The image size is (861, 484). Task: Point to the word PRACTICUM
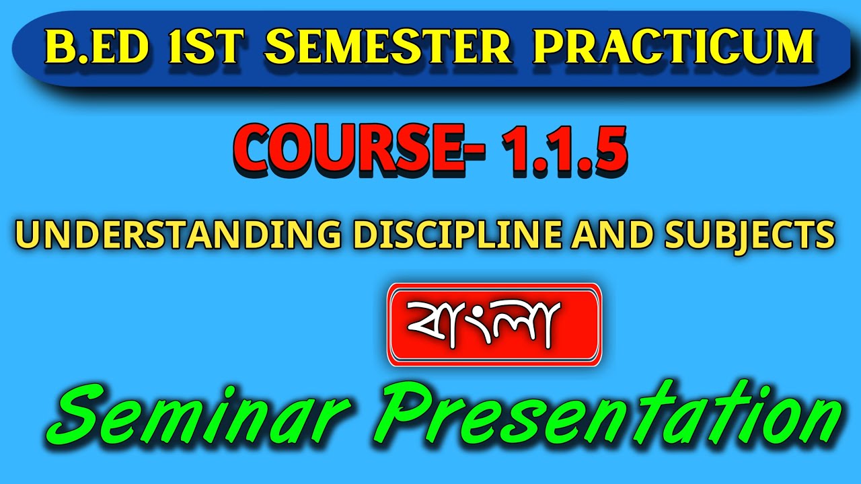(673, 47)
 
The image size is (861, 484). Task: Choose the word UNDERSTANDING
(177, 234)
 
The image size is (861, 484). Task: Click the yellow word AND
(607, 234)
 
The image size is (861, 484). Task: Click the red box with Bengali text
(494, 324)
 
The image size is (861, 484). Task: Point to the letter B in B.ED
(59, 47)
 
